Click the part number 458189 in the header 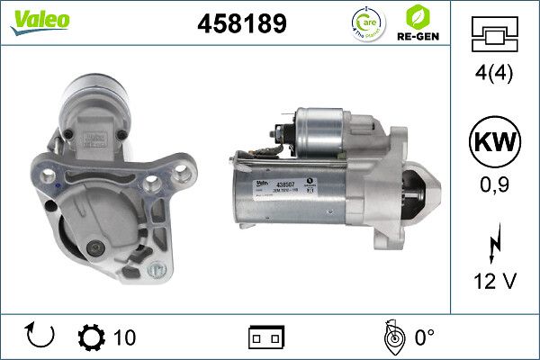tap(240, 24)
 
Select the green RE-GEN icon tap(417, 22)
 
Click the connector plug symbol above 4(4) tap(494, 37)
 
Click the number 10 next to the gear tap(124, 337)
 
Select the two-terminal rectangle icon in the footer tap(266, 337)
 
